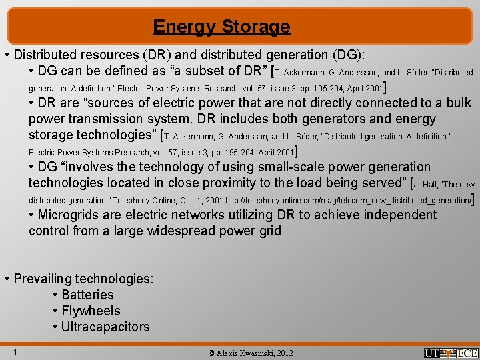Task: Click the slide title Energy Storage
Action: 221,27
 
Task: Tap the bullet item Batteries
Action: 87,295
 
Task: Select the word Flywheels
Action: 91,311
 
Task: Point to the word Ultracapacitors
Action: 105,327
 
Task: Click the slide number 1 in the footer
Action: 14,352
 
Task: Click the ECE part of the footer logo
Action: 467,353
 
